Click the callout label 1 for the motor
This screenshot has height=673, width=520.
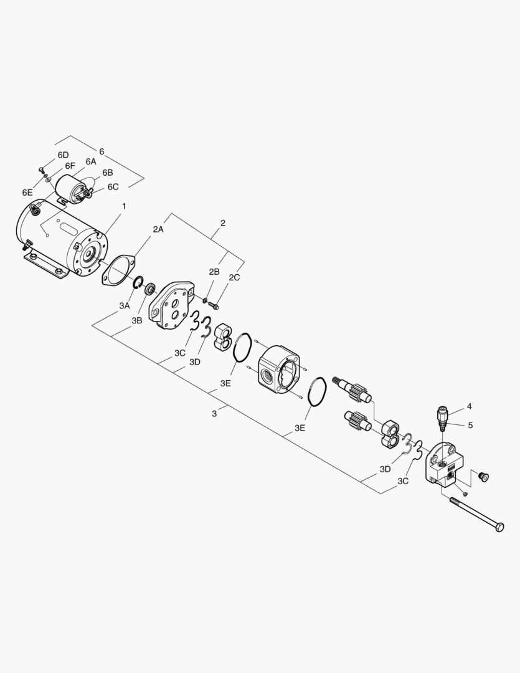point(124,206)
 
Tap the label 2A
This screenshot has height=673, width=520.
point(158,229)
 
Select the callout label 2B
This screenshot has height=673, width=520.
point(214,272)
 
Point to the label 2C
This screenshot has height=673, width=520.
point(234,277)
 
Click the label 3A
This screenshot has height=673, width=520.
point(125,305)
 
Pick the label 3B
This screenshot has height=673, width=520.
point(137,320)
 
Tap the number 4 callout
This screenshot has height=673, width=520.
point(469,406)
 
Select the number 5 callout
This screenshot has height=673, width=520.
point(469,426)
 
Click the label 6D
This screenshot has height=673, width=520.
point(63,155)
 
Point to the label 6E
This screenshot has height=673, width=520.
point(27,192)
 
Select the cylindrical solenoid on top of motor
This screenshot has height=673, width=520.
point(71,186)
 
